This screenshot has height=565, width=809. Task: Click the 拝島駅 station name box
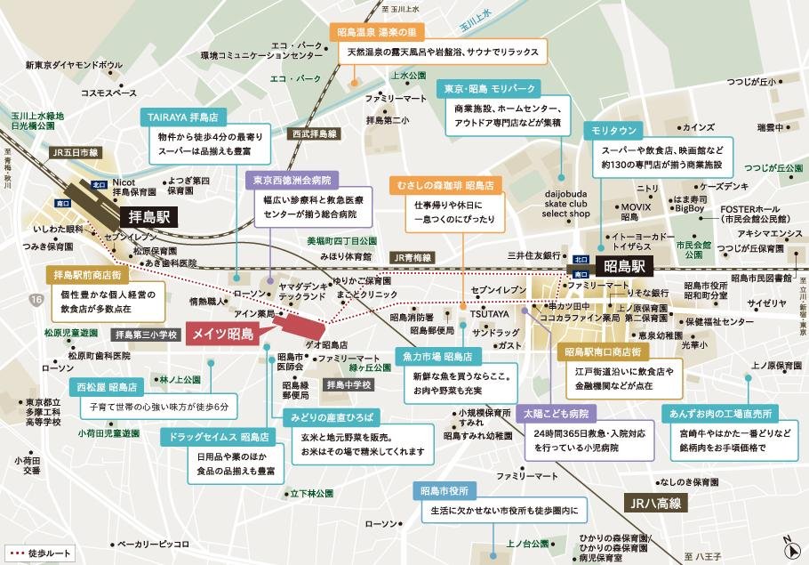coord(148,216)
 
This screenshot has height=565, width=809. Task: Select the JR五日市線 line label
coord(76,153)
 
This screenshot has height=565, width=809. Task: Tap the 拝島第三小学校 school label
coord(147,335)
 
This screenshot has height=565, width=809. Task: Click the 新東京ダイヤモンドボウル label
coord(74,65)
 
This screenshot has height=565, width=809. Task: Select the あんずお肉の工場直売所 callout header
coord(721,413)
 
